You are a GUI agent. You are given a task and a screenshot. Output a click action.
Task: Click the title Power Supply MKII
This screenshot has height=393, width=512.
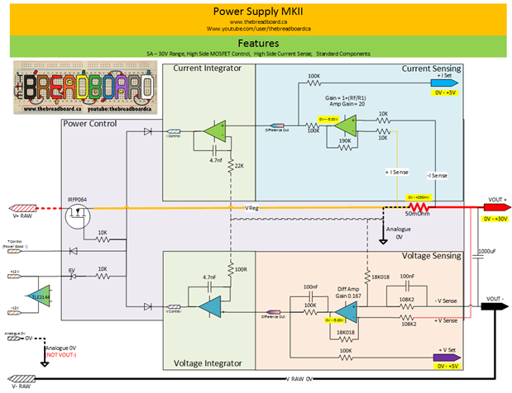point(256,12)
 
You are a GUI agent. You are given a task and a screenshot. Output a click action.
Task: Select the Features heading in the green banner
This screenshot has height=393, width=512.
point(256,42)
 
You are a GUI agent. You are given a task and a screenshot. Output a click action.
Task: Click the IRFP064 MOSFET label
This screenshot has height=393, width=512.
point(79,200)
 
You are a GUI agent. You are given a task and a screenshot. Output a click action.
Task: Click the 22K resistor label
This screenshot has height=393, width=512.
point(239,166)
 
